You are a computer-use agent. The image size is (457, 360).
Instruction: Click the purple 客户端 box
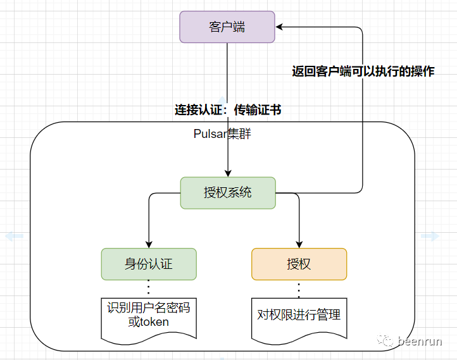click(227, 27)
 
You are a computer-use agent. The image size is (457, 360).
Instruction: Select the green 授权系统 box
click(228, 192)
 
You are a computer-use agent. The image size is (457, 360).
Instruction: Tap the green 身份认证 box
click(149, 264)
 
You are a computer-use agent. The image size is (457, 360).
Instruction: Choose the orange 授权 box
click(299, 264)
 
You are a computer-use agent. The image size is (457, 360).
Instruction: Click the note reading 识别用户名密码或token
click(149, 315)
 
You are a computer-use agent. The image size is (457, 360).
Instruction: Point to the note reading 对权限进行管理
click(299, 315)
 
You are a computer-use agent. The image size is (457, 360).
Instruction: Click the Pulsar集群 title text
click(223, 134)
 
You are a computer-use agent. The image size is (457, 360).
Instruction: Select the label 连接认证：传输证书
click(228, 110)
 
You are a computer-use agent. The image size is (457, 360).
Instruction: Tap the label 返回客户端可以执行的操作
click(363, 71)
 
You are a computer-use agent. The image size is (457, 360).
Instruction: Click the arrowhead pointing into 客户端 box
click(280, 27)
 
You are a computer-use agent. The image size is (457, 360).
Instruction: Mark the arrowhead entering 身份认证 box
click(149, 244)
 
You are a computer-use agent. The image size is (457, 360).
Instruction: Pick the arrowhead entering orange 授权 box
click(299, 244)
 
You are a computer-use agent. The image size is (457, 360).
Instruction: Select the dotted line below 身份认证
click(149, 288)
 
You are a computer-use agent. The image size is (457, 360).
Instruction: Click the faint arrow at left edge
click(15, 236)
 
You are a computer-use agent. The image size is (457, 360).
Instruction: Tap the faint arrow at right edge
click(430, 236)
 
